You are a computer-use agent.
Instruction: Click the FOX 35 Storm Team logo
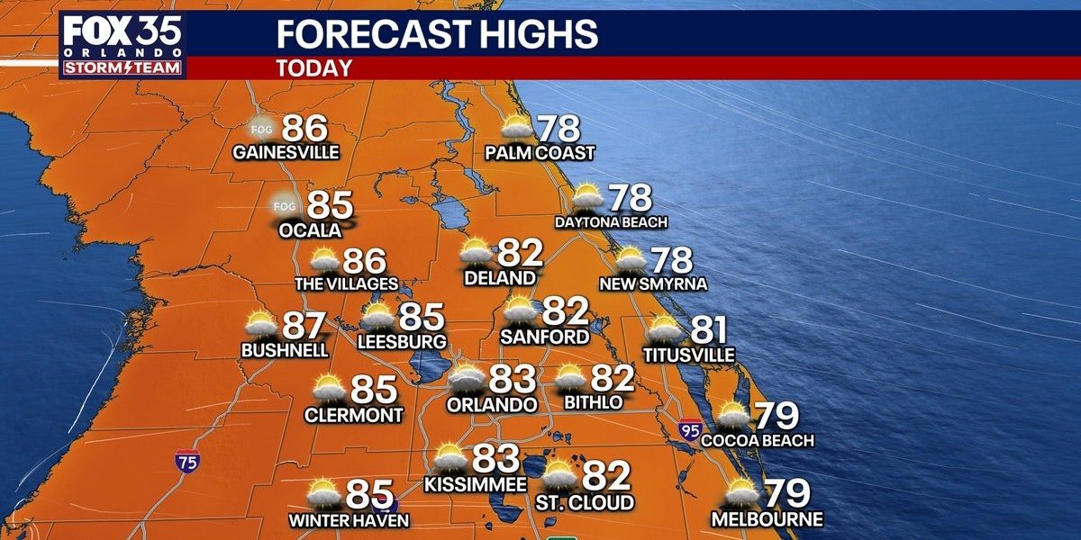(123, 45)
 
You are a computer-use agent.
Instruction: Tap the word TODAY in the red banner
(313, 67)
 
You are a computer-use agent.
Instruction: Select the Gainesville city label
(286, 152)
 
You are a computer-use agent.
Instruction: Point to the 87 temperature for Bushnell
(304, 326)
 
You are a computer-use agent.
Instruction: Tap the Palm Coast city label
(540, 153)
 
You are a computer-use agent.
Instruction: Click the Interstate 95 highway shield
(691, 429)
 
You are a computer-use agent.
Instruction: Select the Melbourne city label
(767, 519)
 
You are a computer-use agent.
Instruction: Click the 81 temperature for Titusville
(707, 330)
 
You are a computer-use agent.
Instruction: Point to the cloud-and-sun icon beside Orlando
(467, 379)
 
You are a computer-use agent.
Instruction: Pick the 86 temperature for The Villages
(364, 262)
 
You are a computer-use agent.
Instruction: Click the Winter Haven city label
(349, 520)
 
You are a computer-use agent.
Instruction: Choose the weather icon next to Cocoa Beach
(731, 414)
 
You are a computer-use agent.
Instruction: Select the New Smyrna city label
(653, 284)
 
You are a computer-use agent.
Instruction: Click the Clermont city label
(353, 415)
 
